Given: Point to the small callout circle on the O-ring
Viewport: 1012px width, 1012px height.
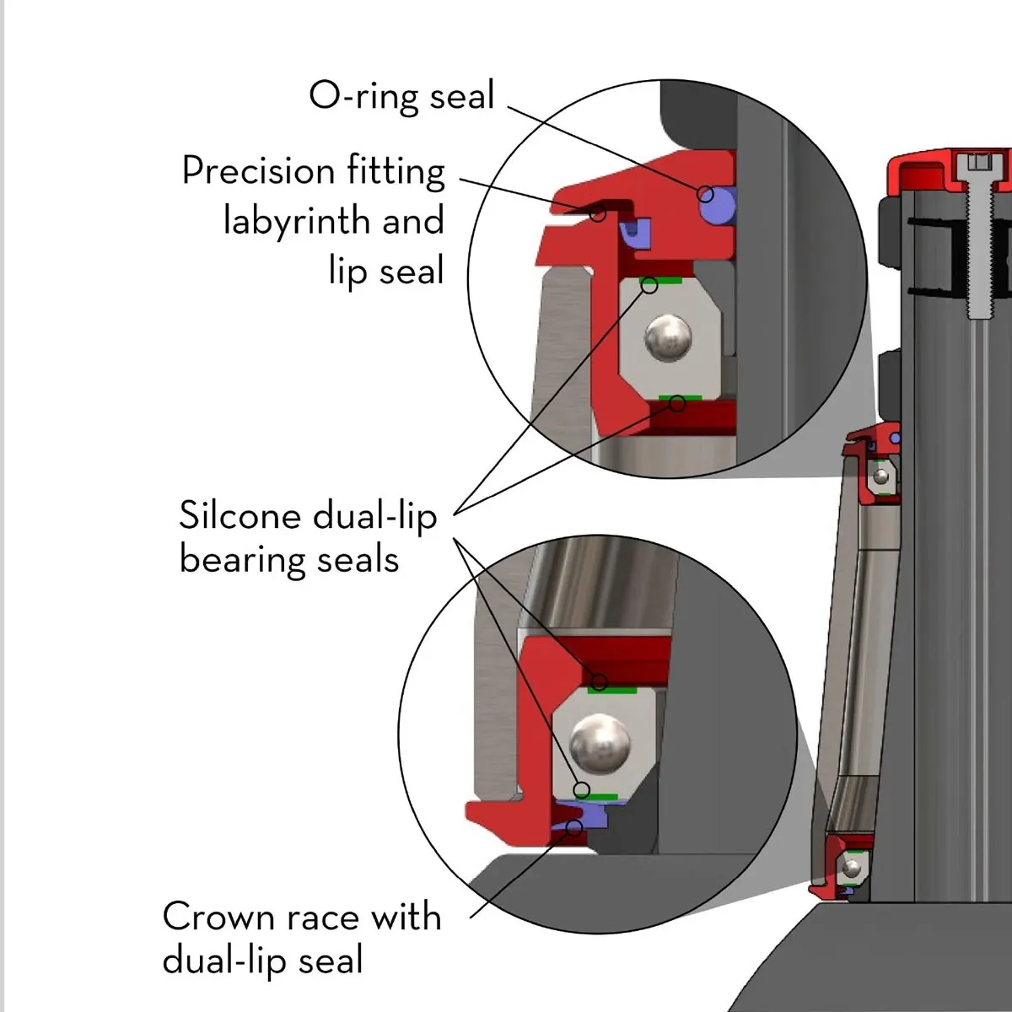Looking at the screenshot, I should click(x=706, y=195).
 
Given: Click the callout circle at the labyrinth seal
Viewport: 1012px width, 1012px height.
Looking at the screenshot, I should click(x=598, y=213).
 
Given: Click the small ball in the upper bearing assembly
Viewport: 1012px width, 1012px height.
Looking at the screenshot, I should click(x=881, y=478).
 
